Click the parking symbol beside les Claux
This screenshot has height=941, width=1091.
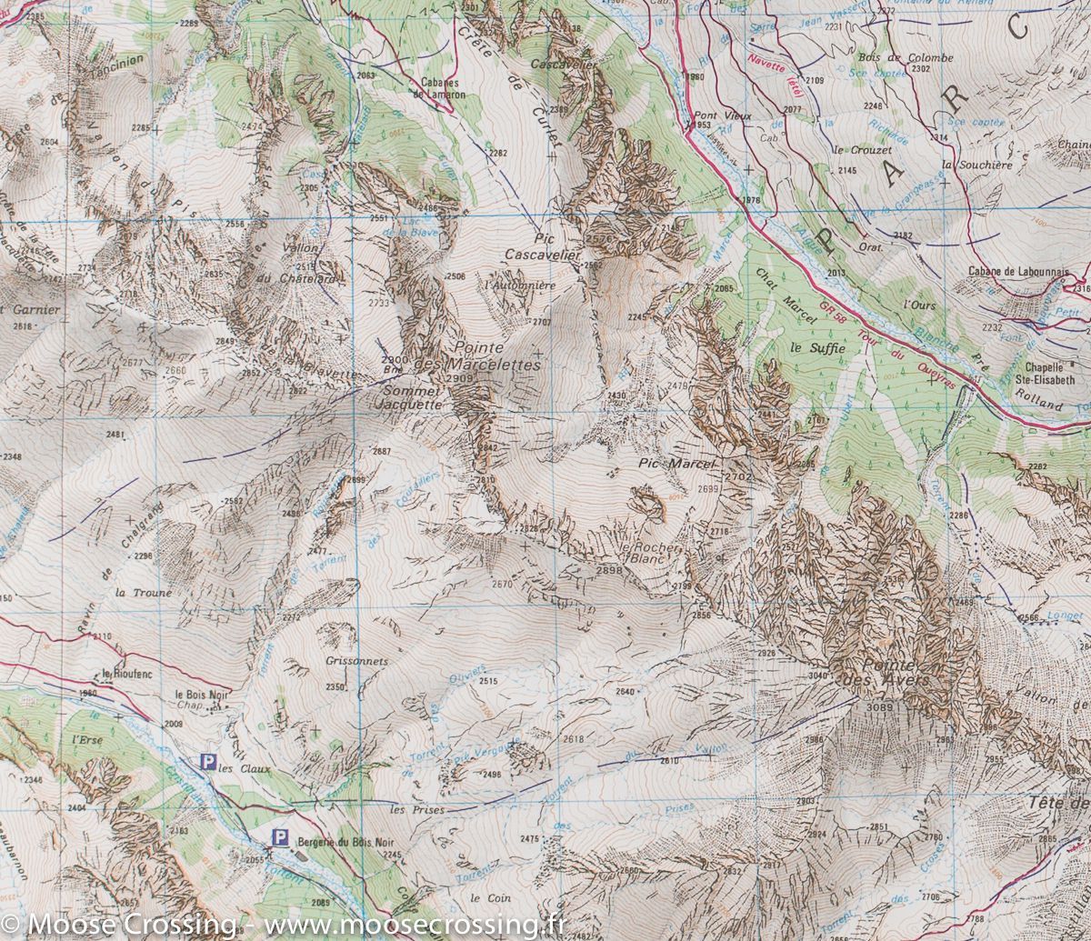(x=208, y=762)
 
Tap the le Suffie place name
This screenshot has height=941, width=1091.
(x=817, y=347)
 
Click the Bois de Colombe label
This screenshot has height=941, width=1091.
(x=893, y=57)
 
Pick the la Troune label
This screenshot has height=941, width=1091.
(x=144, y=592)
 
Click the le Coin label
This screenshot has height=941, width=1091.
(x=487, y=898)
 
